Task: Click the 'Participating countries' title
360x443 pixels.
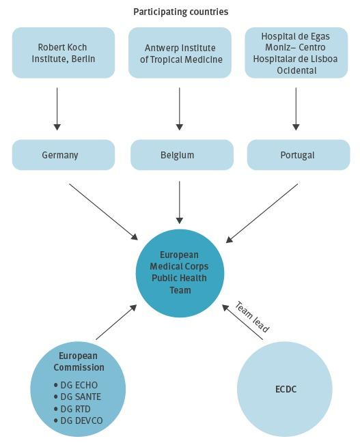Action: click(x=180, y=12)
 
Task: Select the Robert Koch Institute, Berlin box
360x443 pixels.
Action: click(x=64, y=53)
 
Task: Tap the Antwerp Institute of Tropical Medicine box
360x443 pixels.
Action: click(x=180, y=53)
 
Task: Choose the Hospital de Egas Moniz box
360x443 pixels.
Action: click(x=296, y=53)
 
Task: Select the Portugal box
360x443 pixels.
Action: click(x=297, y=155)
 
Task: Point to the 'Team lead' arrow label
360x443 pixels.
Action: click(x=252, y=317)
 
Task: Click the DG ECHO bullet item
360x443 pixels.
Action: click(x=76, y=385)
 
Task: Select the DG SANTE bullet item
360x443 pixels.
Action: click(x=77, y=397)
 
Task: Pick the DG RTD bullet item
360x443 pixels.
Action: click(x=74, y=408)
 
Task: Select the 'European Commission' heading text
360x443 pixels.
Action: click(x=79, y=362)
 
